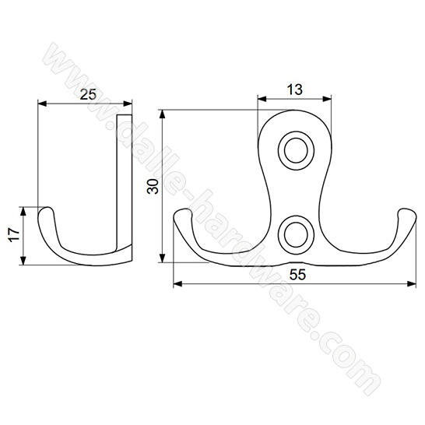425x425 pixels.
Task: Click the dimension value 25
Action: click(88, 94)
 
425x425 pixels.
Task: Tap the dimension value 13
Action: click(295, 90)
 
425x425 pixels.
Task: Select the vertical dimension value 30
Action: click(153, 186)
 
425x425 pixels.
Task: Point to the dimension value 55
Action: click(297, 275)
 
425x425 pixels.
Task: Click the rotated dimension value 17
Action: click(14, 235)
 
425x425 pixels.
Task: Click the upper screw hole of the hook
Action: click(297, 150)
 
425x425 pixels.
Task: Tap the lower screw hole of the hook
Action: click(297, 235)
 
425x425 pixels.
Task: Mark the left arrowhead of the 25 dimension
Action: click(42, 104)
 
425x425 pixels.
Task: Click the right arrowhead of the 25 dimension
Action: click(128, 104)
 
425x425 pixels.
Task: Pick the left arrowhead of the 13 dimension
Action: click(262, 99)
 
